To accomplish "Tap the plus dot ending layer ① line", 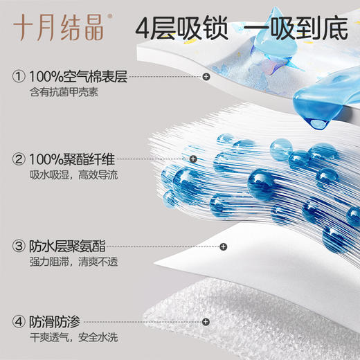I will point(206,77).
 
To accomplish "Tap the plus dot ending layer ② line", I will point(193,159).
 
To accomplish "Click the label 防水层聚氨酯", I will point(68,246).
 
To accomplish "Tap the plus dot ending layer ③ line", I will point(223,246).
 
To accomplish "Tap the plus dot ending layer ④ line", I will point(206,322).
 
